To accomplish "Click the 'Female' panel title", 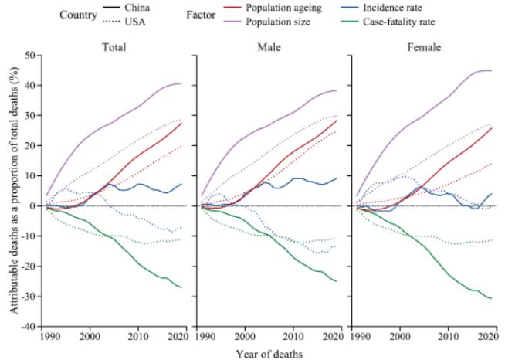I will (x=425, y=47).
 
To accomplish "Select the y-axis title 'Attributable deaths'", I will (x=15, y=191).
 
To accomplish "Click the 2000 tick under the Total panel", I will (x=90, y=337).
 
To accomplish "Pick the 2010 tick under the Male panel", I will (x=293, y=337).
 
